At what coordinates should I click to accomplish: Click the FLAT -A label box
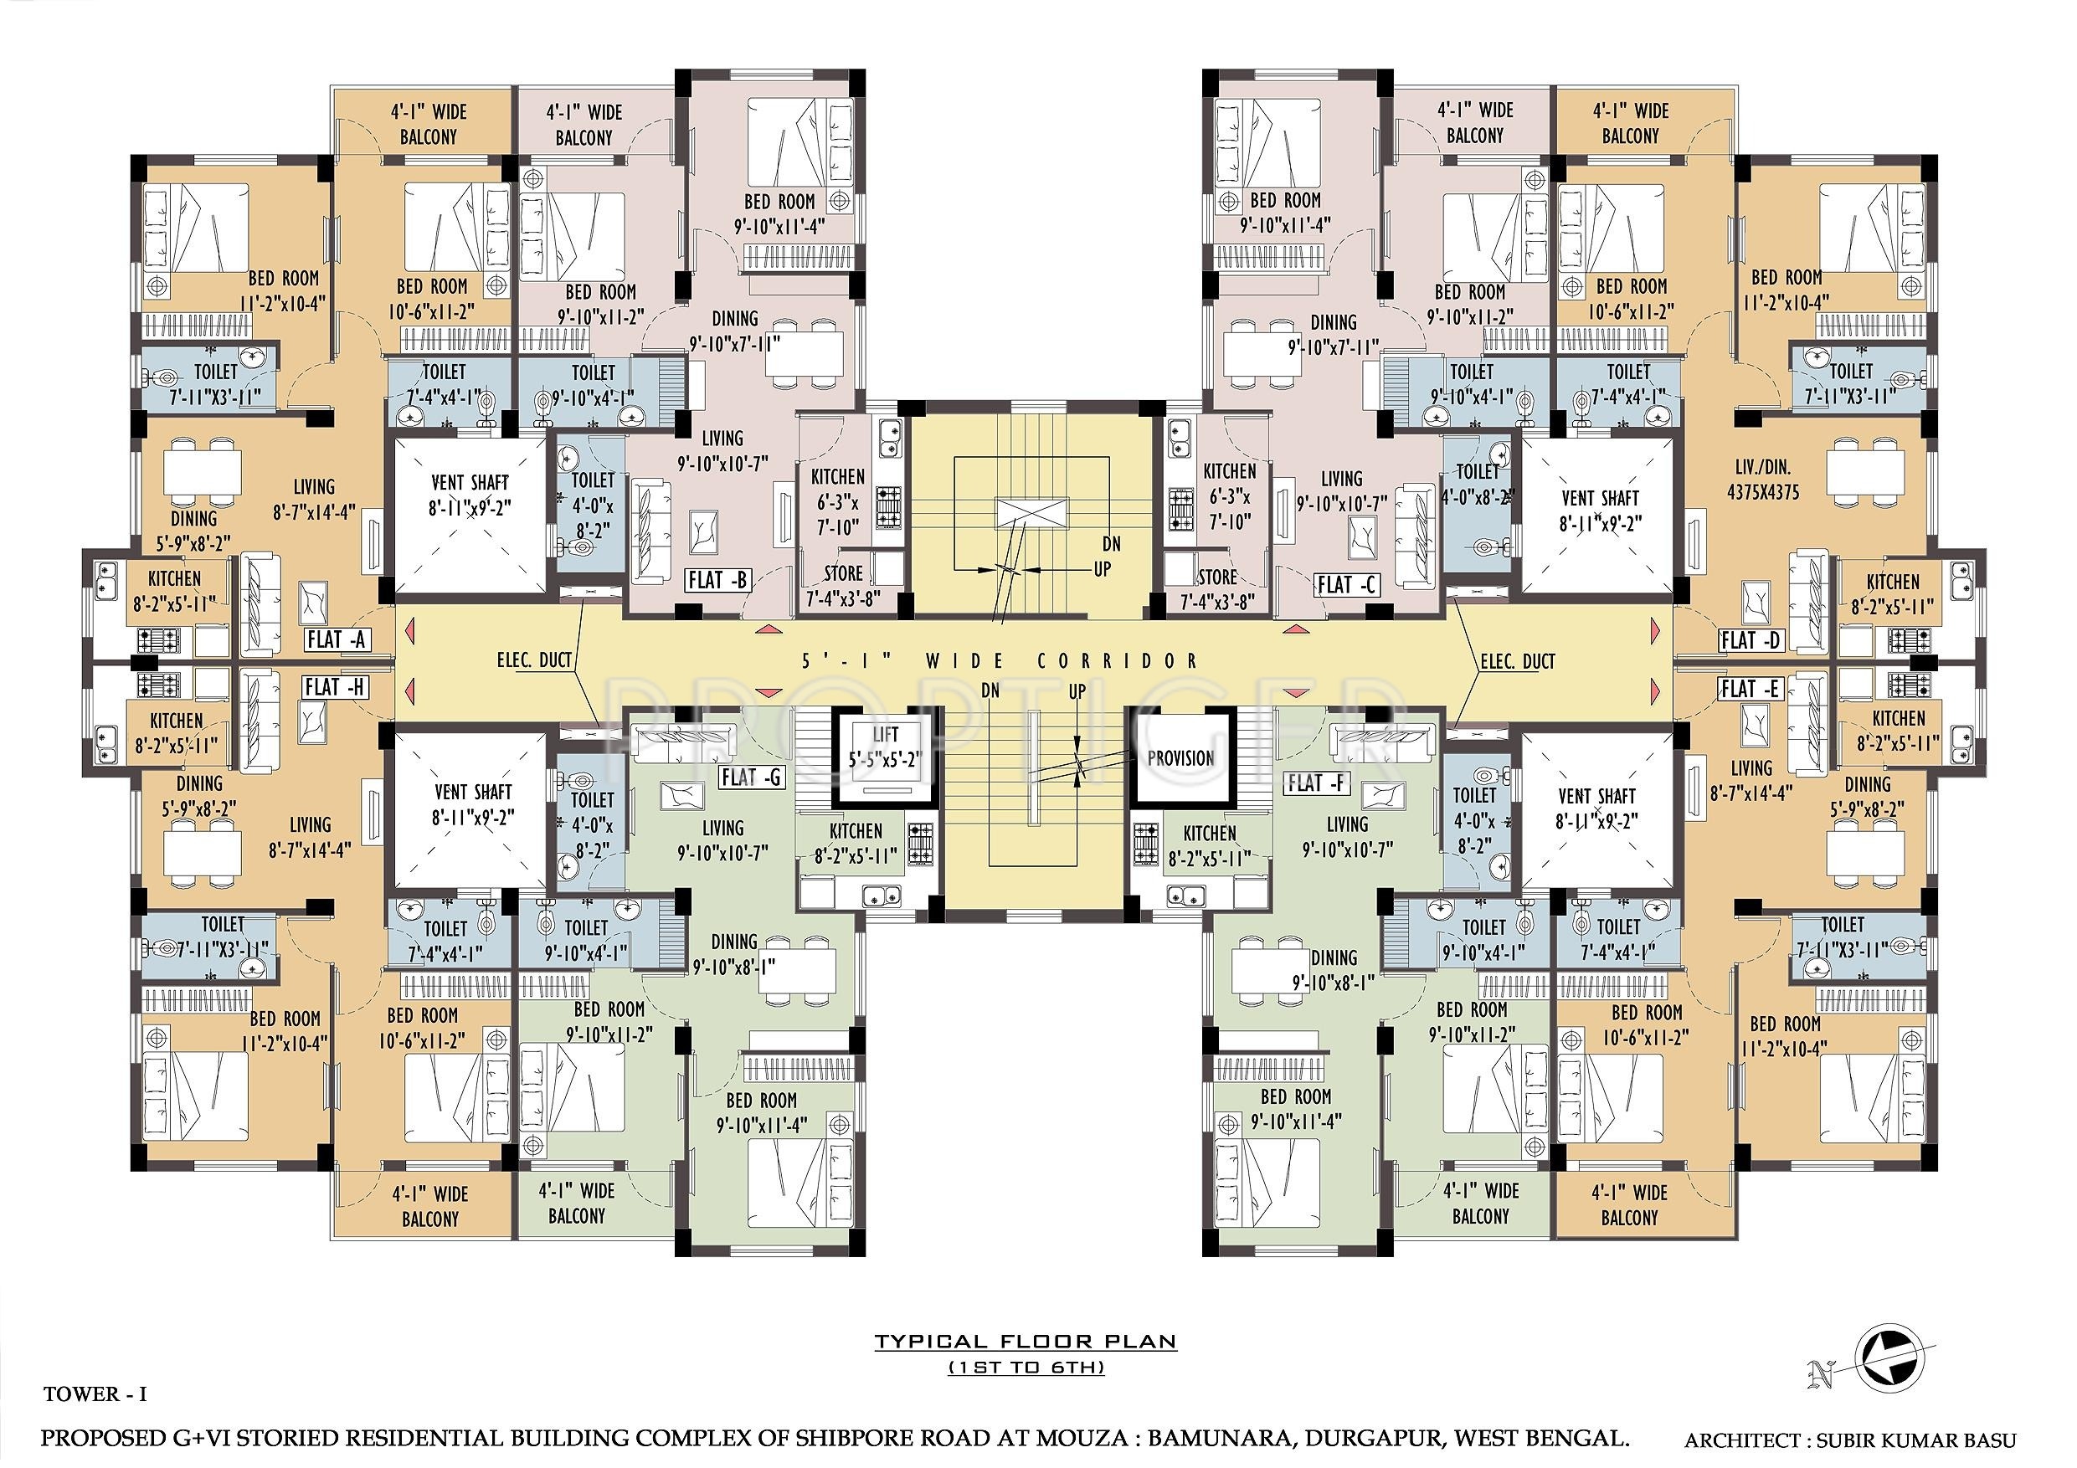[x=336, y=639]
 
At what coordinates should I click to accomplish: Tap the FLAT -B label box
[x=717, y=580]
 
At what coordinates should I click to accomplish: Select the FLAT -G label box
[x=750, y=777]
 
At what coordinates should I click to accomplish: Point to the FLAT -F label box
[x=1317, y=783]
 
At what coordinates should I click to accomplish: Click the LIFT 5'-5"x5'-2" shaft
[x=886, y=758]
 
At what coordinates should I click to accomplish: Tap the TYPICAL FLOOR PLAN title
[x=1025, y=1341]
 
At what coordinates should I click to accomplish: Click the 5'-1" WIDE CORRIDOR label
[x=1000, y=661]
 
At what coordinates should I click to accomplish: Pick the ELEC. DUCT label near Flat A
[x=534, y=660]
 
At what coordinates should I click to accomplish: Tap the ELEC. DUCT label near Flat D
[x=1517, y=661]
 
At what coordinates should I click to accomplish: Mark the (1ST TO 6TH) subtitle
[x=1026, y=1368]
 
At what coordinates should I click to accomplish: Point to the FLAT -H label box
[x=334, y=686]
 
